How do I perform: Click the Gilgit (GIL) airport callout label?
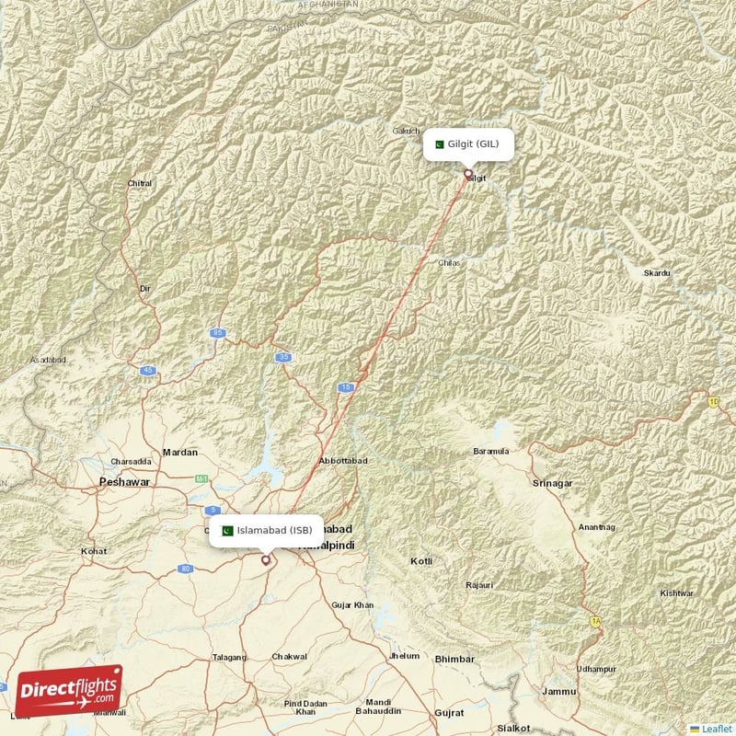[468, 144]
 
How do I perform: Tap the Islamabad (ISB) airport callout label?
[266, 530]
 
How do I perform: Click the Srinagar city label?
[552, 482]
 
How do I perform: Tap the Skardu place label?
[657, 274]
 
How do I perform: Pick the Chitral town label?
[140, 183]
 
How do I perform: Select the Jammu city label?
[559, 691]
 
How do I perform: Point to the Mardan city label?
[179, 452]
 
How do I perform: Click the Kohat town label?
[93, 551]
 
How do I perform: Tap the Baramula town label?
[490, 452]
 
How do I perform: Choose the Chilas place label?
[450, 262]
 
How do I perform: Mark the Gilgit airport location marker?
[467, 173]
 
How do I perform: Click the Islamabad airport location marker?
[266, 558]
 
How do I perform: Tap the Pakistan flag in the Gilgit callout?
[440, 144]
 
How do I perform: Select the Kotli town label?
[421, 560]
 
